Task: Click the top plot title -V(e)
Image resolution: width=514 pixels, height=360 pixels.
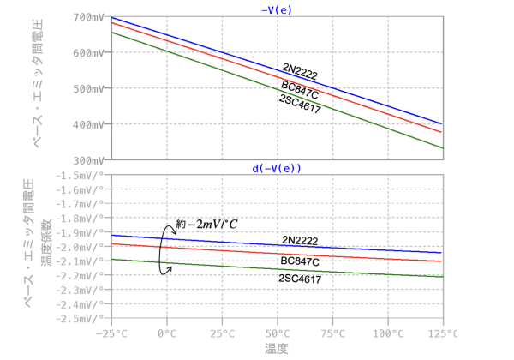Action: [x=276, y=9]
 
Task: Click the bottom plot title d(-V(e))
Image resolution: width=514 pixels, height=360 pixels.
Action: [x=276, y=169]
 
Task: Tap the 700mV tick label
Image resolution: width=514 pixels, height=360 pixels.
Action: [x=88, y=17]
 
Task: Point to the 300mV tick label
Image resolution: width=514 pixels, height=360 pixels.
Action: [x=88, y=160]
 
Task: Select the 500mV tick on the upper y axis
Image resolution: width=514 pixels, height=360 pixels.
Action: [x=88, y=88]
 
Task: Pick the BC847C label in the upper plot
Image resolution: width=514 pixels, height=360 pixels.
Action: [x=300, y=85]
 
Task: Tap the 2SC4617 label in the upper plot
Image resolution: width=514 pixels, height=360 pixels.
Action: [x=300, y=100]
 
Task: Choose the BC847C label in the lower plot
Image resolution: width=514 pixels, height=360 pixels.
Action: [x=300, y=261]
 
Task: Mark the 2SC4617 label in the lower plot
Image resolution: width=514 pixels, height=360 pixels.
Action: [x=300, y=279]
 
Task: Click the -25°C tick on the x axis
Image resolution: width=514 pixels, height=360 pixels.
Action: [x=111, y=332]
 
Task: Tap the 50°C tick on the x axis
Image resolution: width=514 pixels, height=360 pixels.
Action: [x=277, y=332]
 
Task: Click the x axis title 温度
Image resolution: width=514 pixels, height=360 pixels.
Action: [x=276, y=348]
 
